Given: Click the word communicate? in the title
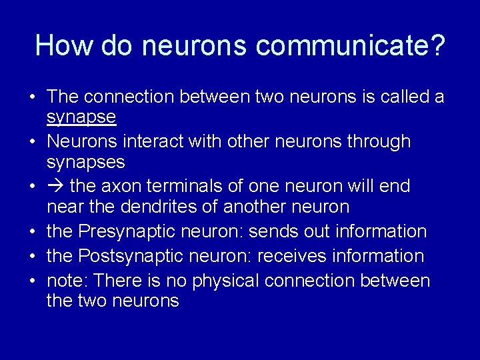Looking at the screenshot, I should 350,46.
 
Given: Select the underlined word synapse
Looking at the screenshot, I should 81,118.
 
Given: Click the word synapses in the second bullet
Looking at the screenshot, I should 86,163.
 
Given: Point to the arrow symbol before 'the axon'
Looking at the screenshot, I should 55,186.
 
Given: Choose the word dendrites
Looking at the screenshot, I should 157,207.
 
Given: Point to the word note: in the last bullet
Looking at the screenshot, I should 66,281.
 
